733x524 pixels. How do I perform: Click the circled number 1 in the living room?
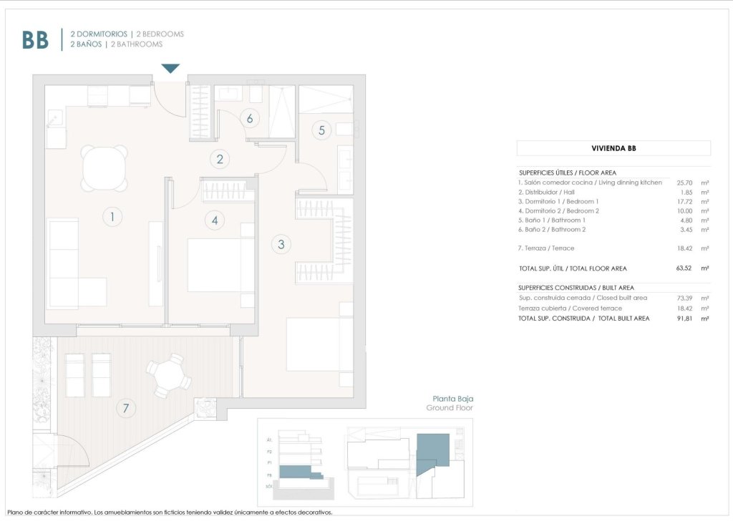pyautogui.click(x=112, y=215)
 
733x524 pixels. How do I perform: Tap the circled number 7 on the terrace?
pyautogui.click(x=126, y=409)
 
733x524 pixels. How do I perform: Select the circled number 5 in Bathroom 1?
pyautogui.click(x=322, y=130)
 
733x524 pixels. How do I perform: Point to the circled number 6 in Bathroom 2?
pyautogui.click(x=250, y=119)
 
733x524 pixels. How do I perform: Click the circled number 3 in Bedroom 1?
pyautogui.click(x=281, y=244)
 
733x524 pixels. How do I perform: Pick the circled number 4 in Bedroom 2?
pyautogui.click(x=215, y=220)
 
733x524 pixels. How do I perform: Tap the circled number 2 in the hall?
pyautogui.click(x=220, y=160)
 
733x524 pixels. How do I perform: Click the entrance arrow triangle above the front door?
pyautogui.click(x=170, y=69)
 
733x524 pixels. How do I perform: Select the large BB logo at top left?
pyautogui.click(x=35, y=40)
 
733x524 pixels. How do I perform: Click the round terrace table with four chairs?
pyautogui.click(x=169, y=377)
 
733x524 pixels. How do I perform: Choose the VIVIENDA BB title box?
pyautogui.click(x=613, y=148)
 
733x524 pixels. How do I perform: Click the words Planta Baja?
pyautogui.click(x=453, y=399)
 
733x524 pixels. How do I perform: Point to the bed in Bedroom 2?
pyautogui.click(x=220, y=265)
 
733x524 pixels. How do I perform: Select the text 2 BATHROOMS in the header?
pyautogui.click(x=137, y=44)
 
